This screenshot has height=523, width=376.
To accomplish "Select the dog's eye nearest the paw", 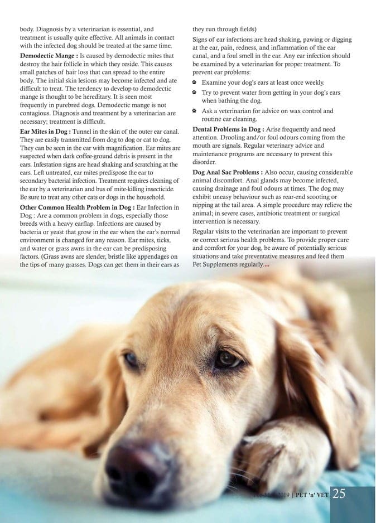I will point(227,359).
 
